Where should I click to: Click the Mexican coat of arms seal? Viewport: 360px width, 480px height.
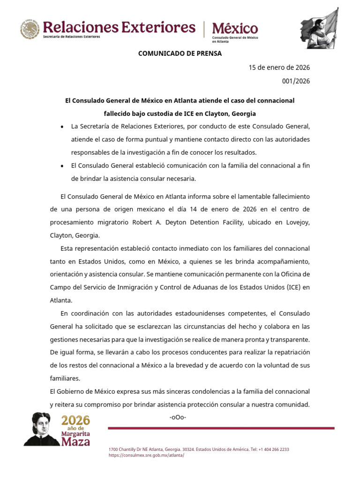point(30,29)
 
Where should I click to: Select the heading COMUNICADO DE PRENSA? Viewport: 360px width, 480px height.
point(180,53)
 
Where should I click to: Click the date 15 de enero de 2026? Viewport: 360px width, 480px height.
point(279,67)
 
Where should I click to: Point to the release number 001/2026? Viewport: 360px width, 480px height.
point(296,81)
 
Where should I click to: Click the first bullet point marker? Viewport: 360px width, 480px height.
point(62,127)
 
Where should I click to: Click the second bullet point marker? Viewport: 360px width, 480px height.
point(62,166)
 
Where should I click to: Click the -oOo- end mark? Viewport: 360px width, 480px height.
point(178,417)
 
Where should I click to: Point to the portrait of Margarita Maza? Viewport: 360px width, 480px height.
point(42,429)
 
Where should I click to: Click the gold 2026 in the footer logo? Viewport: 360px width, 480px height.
point(75,420)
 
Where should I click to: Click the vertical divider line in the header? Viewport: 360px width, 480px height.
point(204,29)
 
